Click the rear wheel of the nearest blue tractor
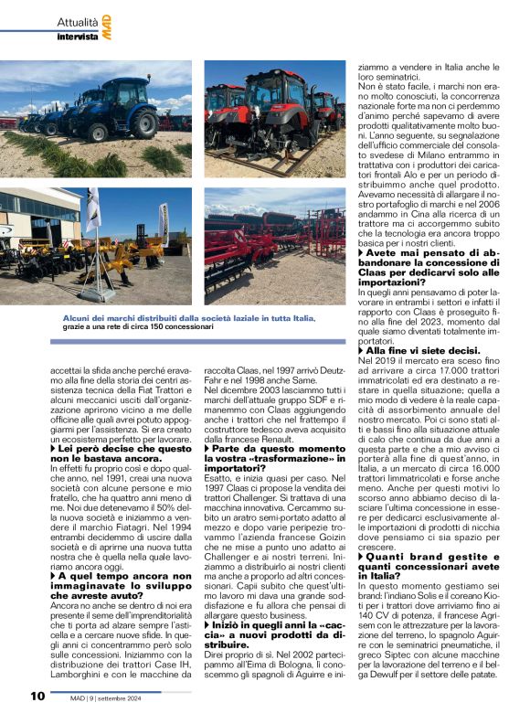(x=143, y=122)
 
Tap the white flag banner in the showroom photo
(x=93, y=210)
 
